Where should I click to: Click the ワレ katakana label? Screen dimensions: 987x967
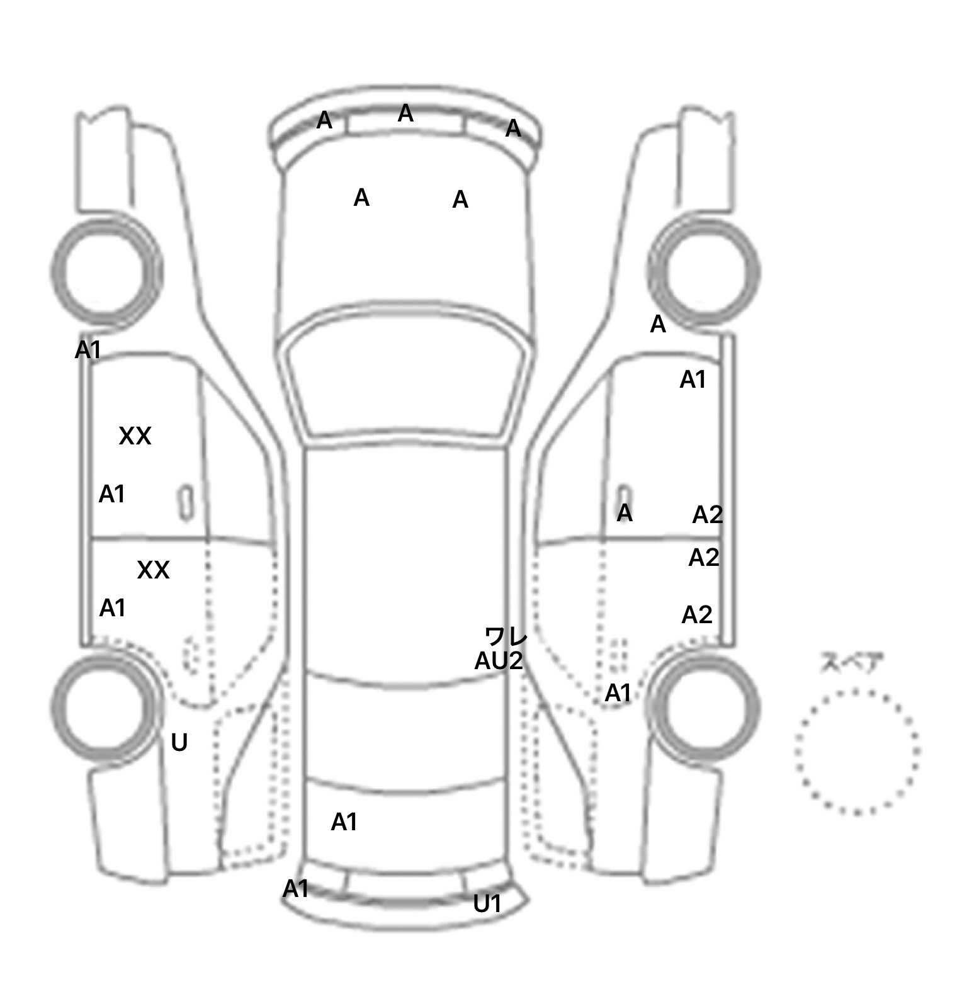(x=506, y=637)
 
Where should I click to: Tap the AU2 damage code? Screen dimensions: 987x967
(x=498, y=662)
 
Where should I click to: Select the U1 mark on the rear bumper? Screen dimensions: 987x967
(x=487, y=904)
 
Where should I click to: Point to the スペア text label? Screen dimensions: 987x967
(x=851, y=663)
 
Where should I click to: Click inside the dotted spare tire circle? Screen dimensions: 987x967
(x=857, y=752)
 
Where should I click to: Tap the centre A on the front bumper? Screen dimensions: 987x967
(x=405, y=114)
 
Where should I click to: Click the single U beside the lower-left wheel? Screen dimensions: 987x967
(x=179, y=743)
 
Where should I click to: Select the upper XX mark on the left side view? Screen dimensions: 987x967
(x=135, y=436)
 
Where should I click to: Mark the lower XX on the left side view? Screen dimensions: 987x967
(x=153, y=570)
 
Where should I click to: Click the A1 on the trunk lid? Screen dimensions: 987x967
(x=344, y=822)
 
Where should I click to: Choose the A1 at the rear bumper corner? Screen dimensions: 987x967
(x=295, y=889)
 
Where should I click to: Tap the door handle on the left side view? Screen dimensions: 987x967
(x=186, y=503)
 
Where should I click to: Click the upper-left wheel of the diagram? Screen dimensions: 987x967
(x=106, y=271)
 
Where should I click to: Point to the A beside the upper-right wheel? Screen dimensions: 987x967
(x=658, y=325)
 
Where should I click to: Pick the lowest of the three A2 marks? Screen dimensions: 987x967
(x=696, y=615)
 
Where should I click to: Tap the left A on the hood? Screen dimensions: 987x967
(x=361, y=198)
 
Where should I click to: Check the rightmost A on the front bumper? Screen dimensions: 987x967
(x=513, y=128)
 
